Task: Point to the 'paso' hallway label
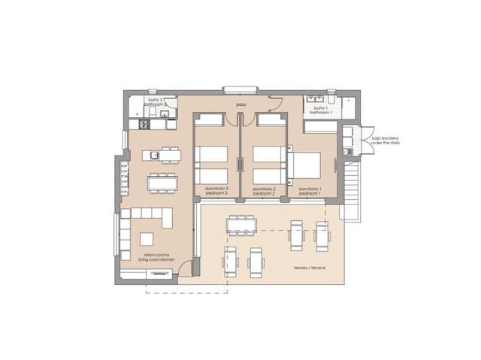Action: coord(240,104)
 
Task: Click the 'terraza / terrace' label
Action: coord(310,267)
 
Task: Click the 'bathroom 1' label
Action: coord(323,111)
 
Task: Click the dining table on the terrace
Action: coord(242,224)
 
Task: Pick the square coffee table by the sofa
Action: coord(147,238)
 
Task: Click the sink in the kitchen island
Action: coord(153,156)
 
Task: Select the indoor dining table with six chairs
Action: coord(162,183)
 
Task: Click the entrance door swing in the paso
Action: coord(276,105)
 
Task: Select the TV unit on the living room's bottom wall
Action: coord(159,274)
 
